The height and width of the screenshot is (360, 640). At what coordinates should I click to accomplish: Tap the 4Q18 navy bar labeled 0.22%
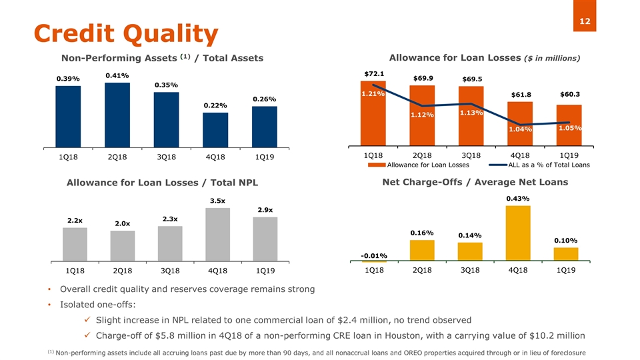click(x=215, y=130)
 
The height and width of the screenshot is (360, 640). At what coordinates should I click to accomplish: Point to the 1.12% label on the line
click(x=422, y=115)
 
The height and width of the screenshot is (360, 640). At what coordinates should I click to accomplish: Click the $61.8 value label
click(x=521, y=94)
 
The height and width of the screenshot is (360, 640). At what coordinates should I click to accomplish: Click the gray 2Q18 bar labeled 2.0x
click(x=122, y=246)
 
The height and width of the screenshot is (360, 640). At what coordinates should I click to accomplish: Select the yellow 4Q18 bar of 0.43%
click(x=518, y=234)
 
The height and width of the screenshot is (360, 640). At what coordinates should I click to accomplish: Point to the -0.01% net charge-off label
click(x=374, y=255)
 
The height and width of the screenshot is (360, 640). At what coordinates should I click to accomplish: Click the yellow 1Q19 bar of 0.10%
click(x=566, y=255)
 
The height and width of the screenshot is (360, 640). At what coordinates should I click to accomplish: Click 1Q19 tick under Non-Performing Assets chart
click(x=265, y=158)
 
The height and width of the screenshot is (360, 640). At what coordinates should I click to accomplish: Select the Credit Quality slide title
click(x=126, y=33)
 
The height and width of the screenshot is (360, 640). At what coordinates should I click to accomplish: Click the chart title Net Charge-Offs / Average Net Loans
click(x=475, y=182)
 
